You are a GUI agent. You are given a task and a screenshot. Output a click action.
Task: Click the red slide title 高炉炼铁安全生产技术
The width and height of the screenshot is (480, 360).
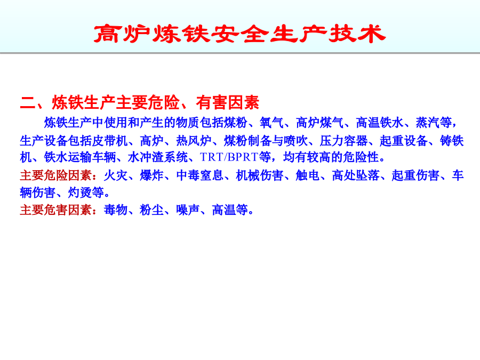(239, 34)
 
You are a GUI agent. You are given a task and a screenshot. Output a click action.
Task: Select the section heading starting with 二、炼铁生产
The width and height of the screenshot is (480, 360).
(140, 102)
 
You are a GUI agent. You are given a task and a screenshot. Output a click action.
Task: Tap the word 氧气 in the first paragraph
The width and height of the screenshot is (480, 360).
(271, 123)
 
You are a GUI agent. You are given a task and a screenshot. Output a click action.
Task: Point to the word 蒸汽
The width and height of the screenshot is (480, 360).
(434, 123)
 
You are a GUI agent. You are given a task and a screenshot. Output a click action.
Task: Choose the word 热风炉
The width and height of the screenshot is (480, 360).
(194, 140)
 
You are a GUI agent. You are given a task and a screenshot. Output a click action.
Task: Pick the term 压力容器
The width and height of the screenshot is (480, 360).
(343, 140)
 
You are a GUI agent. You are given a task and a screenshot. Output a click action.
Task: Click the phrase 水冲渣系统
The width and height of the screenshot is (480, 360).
(158, 157)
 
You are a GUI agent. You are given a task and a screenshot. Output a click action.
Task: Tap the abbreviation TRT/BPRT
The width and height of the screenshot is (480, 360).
(229, 157)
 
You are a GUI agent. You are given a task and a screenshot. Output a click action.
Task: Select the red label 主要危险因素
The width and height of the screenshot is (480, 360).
(55, 175)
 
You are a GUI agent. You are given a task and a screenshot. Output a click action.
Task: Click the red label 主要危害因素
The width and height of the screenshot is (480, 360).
(55, 210)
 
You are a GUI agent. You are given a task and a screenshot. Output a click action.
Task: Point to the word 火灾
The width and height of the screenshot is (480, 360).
(116, 175)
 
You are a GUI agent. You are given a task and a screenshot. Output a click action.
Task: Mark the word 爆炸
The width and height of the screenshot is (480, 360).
(151, 175)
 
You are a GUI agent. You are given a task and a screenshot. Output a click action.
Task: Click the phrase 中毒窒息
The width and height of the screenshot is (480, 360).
(199, 175)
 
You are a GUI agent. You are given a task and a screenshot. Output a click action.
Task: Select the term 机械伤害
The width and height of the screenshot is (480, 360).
(260, 175)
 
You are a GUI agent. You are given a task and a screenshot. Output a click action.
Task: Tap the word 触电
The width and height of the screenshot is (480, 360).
(308, 175)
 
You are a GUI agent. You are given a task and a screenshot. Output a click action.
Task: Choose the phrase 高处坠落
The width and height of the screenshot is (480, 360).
(355, 175)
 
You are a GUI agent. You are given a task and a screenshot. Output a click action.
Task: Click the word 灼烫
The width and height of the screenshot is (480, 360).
(79, 193)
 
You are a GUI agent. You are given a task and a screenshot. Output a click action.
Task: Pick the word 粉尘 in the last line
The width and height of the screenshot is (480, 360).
(151, 210)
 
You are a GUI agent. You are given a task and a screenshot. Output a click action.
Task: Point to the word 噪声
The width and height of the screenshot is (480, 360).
(188, 210)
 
